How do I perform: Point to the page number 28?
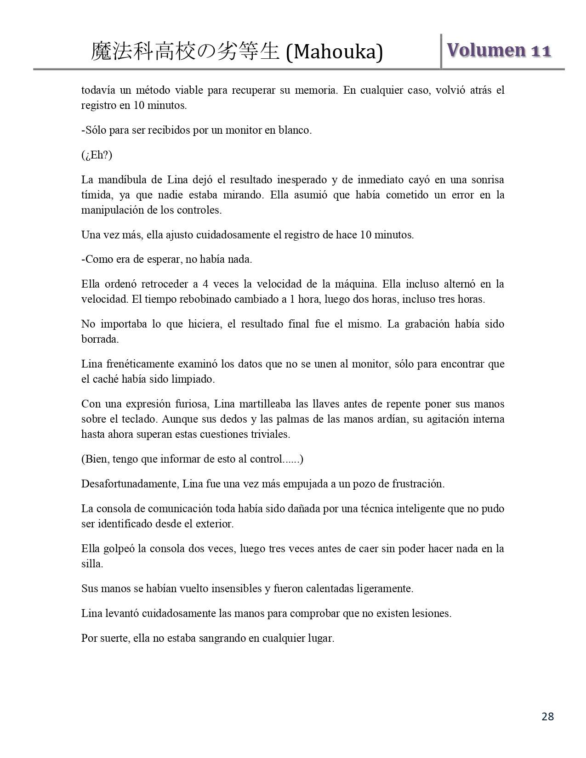(547, 716)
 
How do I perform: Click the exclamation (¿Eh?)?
(97, 155)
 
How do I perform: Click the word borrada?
(100, 339)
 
